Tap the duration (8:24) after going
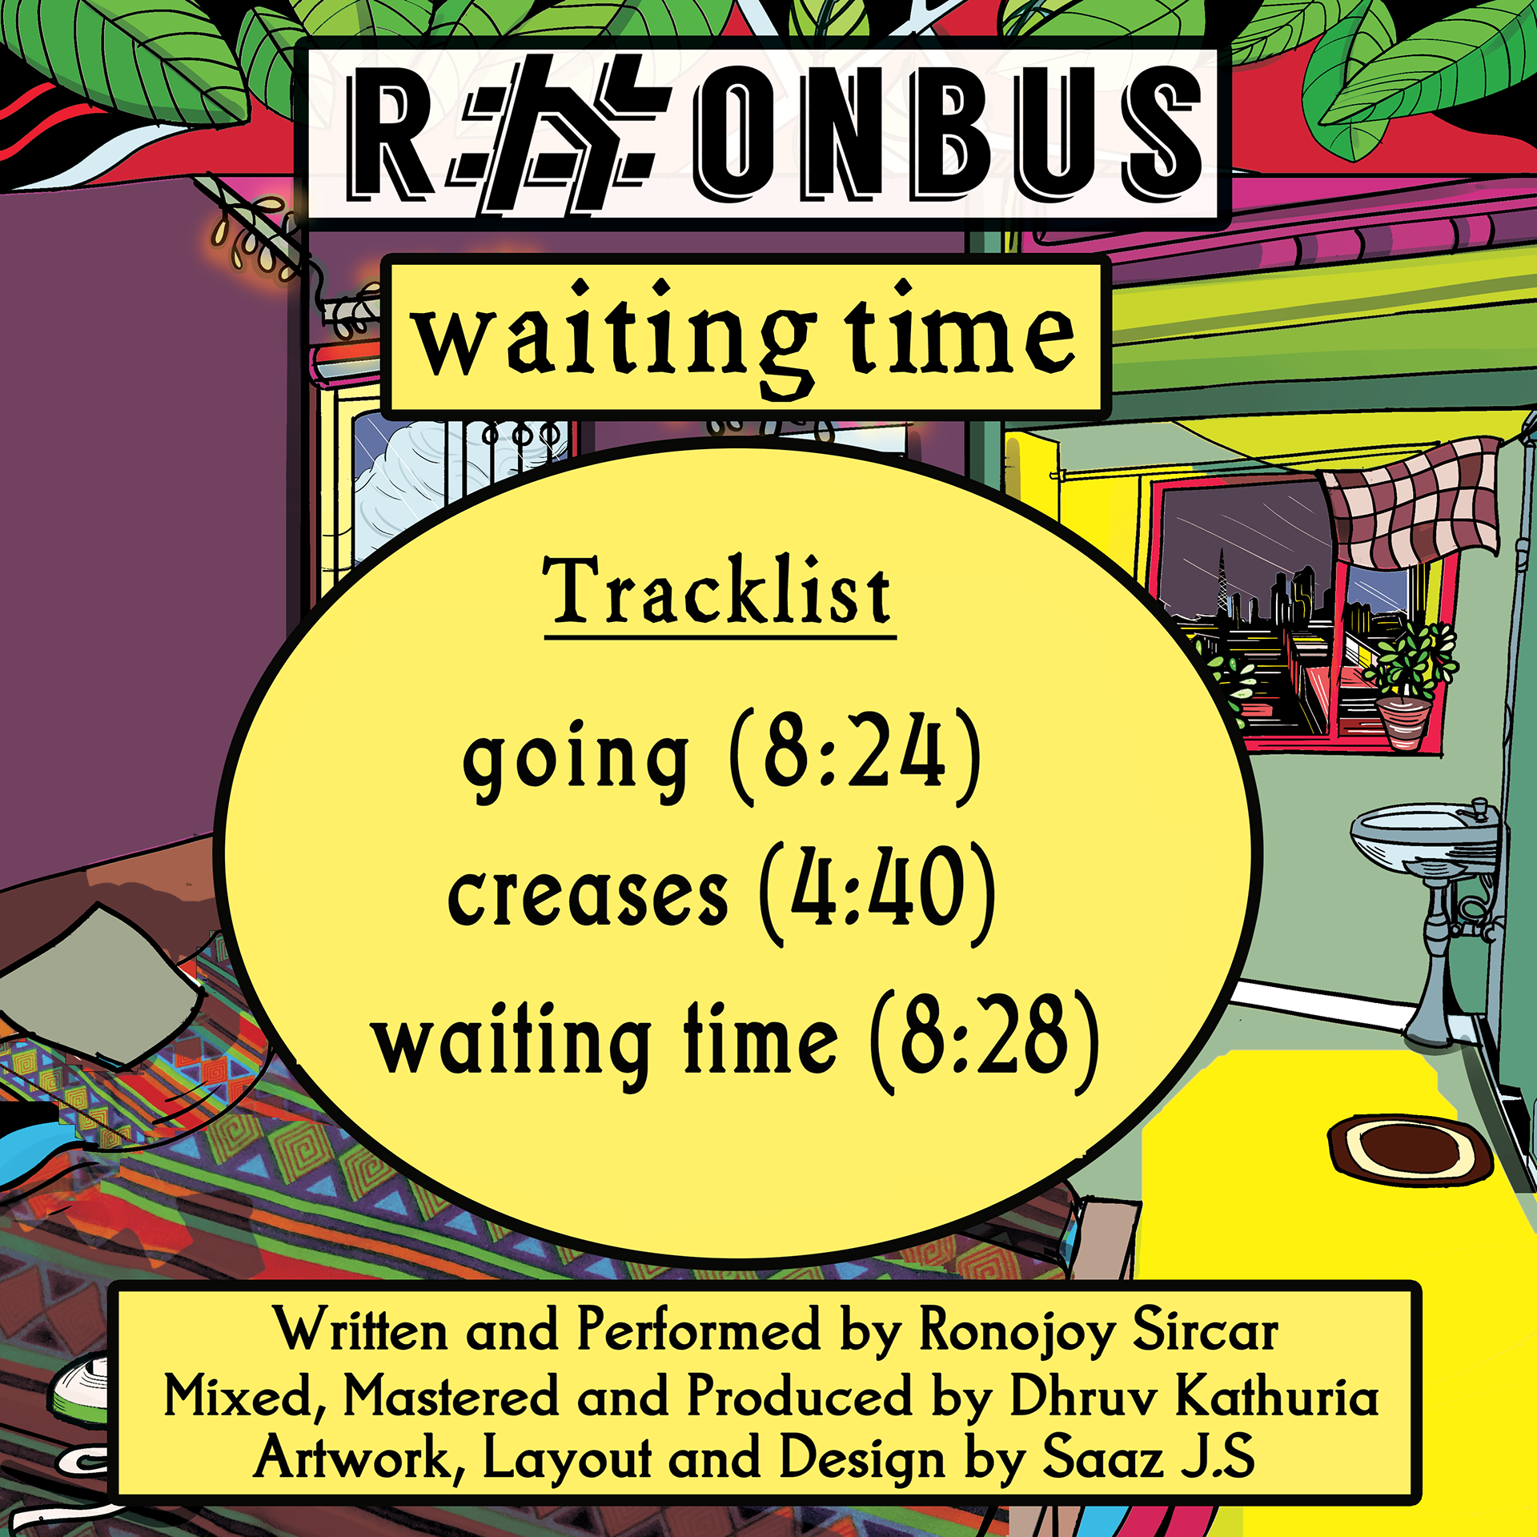click(x=855, y=756)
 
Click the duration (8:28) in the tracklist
click(x=985, y=1041)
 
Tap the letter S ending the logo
click(x=1160, y=133)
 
